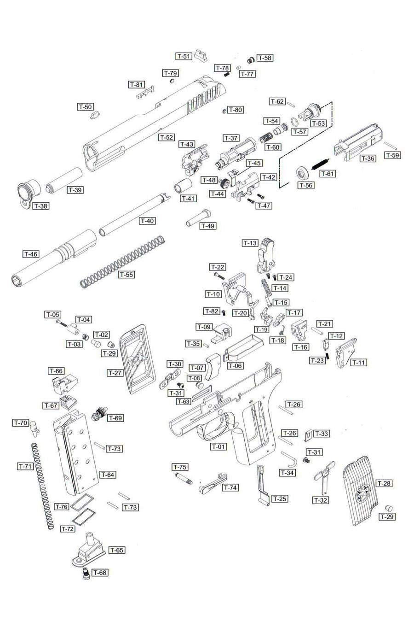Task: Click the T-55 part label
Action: (x=126, y=275)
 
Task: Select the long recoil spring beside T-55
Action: (x=122, y=261)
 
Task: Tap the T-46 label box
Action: (x=31, y=254)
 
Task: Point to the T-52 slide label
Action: (x=167, y=137)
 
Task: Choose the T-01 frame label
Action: (x=219, y=446)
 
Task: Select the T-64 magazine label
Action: (x=108, y=475)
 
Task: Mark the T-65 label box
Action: (x=117, y=550)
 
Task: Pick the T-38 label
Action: (x=40, y=206)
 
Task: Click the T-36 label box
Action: (x=368, y=158)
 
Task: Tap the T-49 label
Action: (x=208, y=226)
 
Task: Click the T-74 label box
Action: (x=230, y=487)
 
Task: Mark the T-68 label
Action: (x=100, y=573)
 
